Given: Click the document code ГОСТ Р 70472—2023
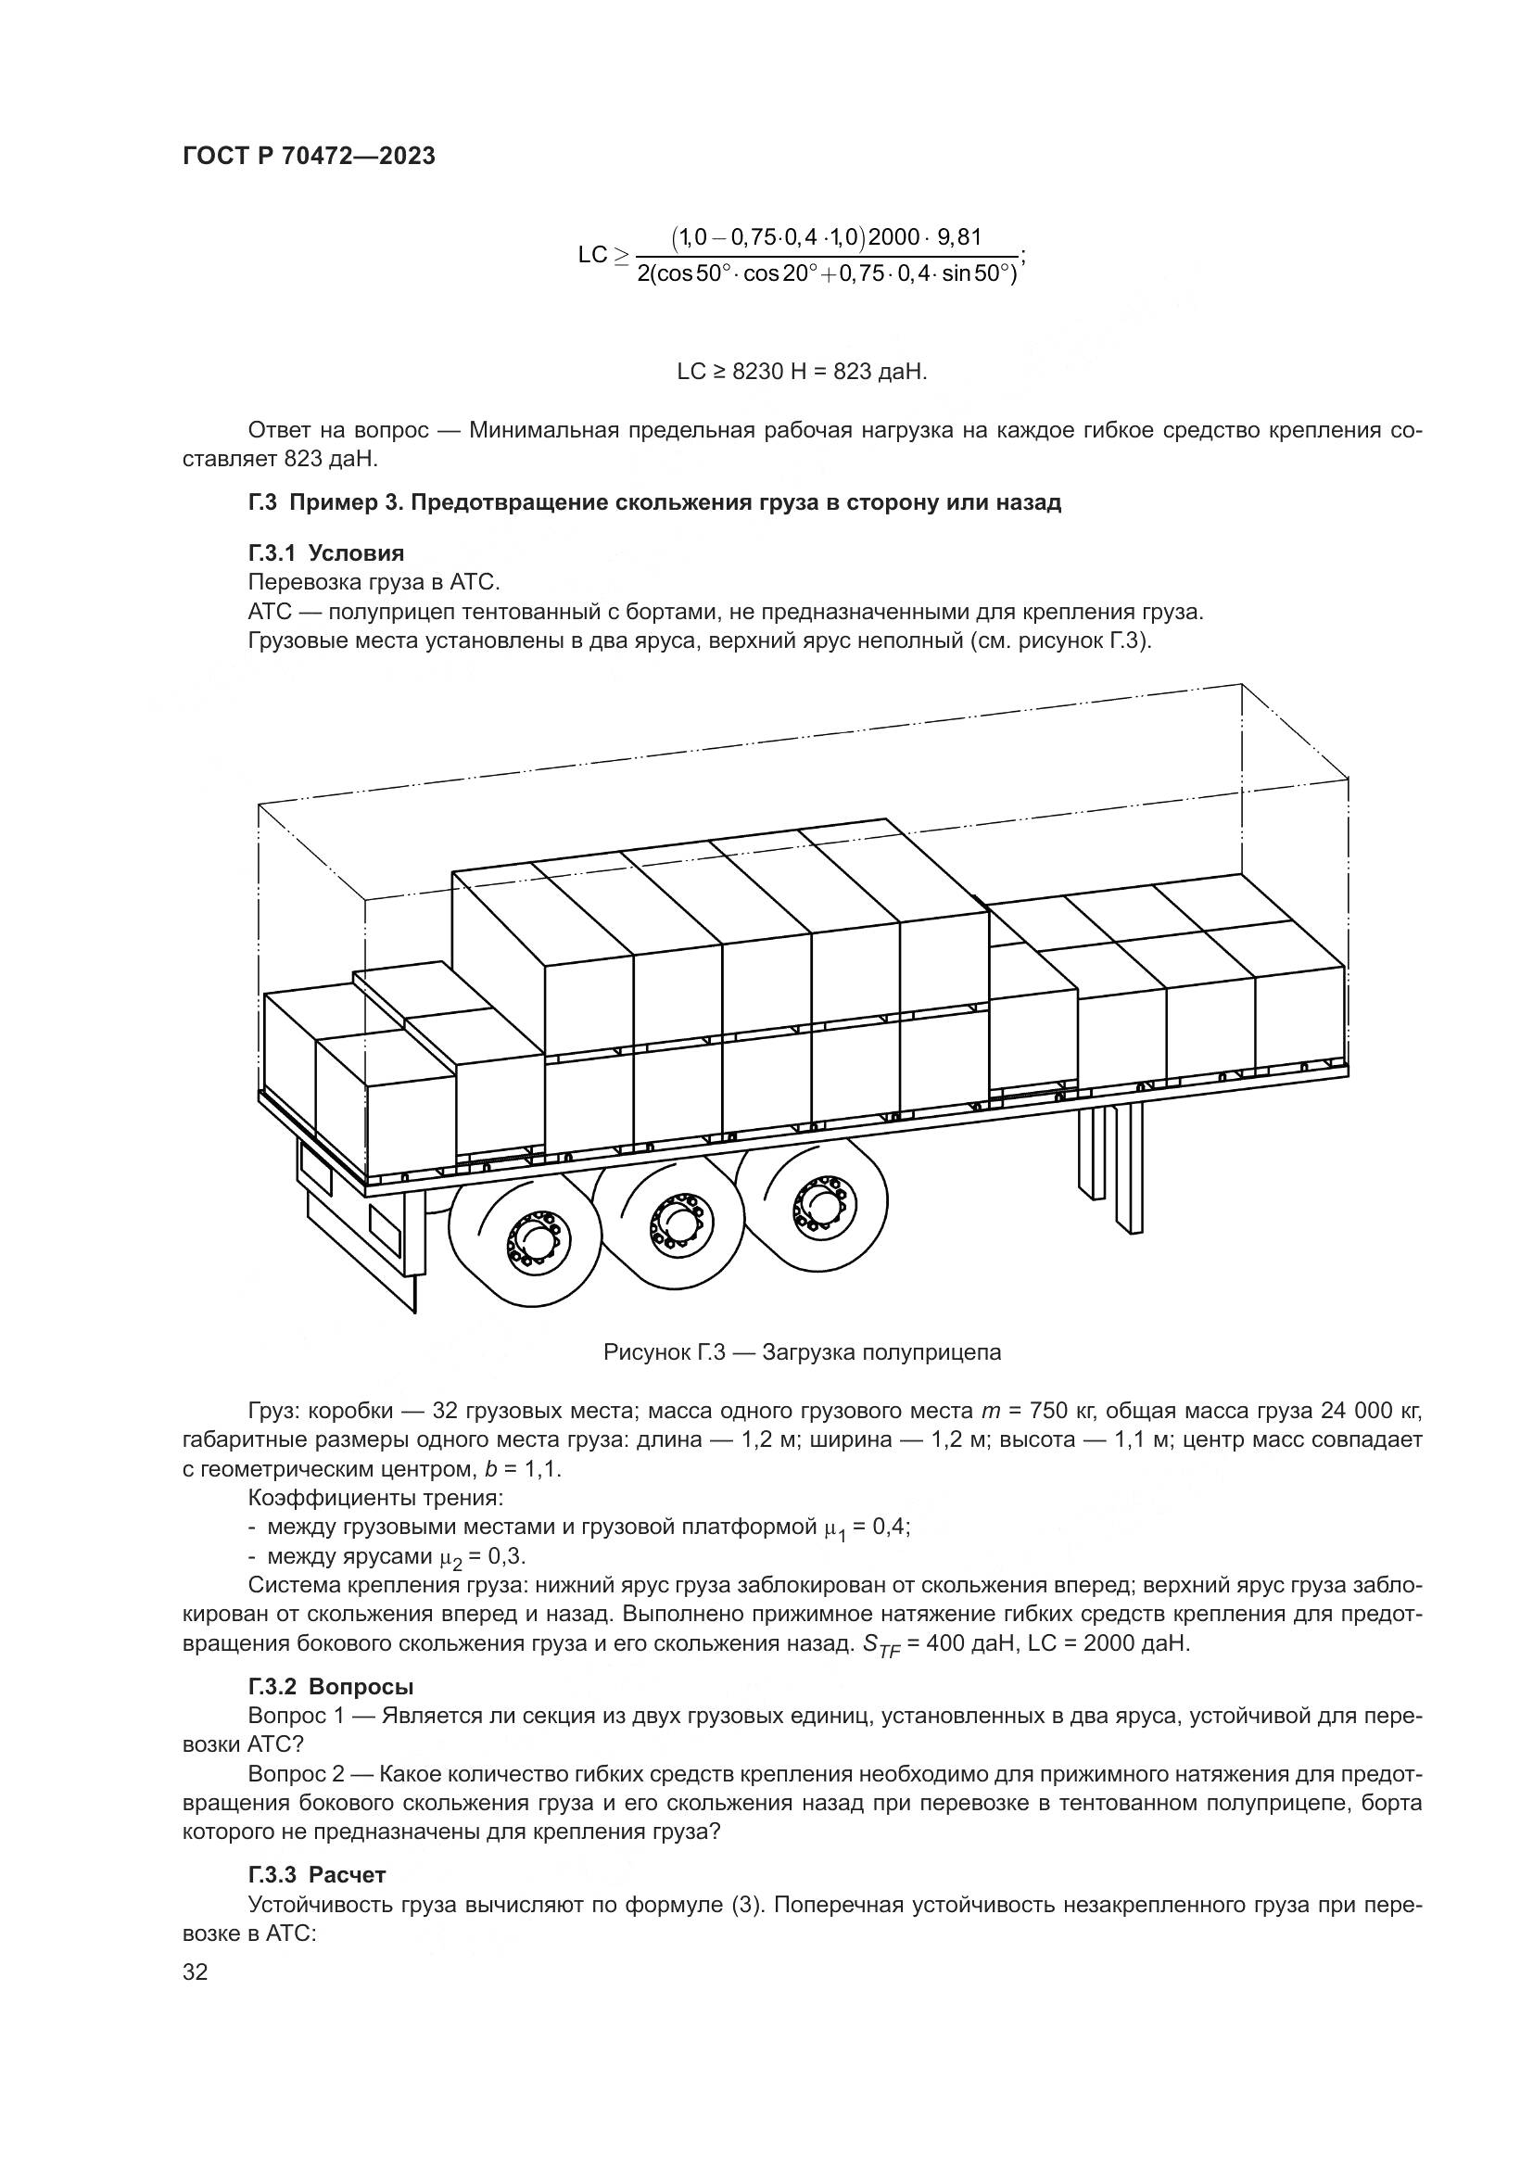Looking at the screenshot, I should [309, 157].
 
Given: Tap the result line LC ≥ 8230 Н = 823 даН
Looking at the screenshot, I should [802, 372].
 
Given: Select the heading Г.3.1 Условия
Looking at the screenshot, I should [325, 553].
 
